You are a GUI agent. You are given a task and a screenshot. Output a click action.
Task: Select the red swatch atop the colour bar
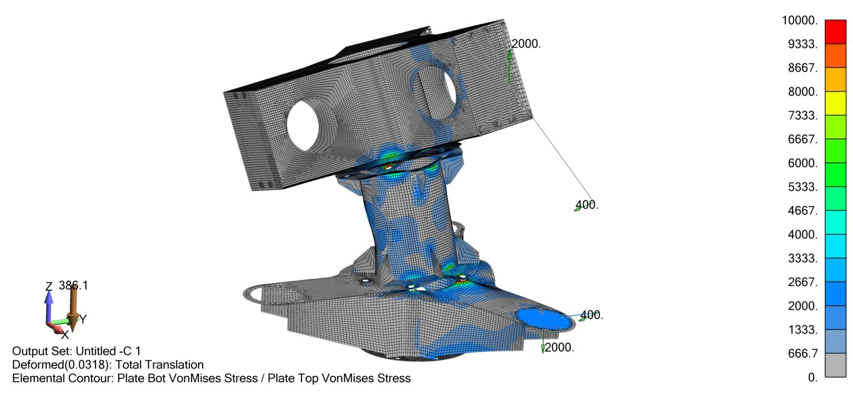click(835, 32)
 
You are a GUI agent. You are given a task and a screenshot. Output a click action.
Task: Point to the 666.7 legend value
click(804, 354)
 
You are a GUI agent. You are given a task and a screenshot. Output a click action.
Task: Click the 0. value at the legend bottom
click(812, 378)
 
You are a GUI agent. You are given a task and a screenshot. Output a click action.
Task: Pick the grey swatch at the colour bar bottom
click(835, 365)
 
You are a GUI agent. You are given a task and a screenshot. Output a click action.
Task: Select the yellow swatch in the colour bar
click(835, 103)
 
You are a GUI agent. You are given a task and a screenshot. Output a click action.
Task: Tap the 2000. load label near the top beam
click(526, 44)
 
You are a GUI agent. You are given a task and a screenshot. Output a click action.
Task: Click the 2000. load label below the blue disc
click(559, 348)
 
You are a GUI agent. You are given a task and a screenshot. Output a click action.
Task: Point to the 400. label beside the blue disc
click(591, 315)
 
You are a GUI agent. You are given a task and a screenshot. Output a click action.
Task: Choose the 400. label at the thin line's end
click(587, 204)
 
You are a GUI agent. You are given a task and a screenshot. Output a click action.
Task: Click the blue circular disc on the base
click(543, 318)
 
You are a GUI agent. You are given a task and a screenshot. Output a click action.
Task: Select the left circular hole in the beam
click(308, 124)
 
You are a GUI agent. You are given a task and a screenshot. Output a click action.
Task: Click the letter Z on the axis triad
click(49, 287)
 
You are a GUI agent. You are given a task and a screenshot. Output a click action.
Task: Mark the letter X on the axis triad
click(64, 335)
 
